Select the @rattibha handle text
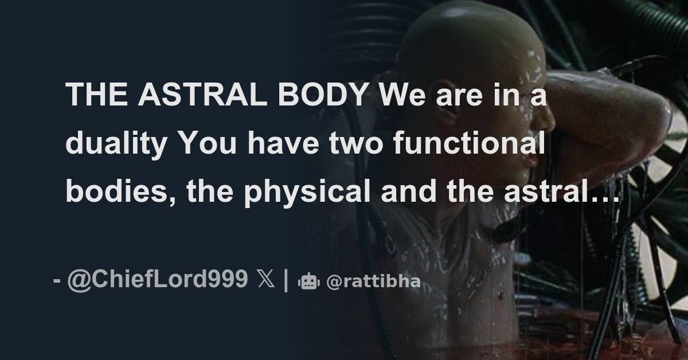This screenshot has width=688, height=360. pyautogui.click(x=373, y=281)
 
